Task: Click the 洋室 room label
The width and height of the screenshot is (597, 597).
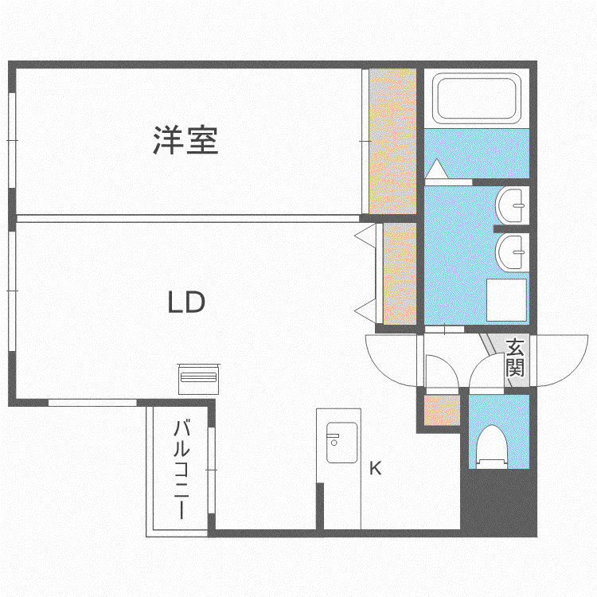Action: [185, 140]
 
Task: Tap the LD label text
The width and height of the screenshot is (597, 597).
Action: [186, 302]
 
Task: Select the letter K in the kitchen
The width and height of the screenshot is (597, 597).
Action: [376, 468]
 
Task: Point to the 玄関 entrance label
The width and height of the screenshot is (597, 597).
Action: [515, 357]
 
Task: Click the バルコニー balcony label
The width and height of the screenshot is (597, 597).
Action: [181, 470]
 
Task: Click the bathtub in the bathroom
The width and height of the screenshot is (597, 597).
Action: [477, 98]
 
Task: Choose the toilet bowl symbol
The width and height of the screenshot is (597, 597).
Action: [492, 447]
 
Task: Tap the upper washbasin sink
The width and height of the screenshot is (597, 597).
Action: [513, 205]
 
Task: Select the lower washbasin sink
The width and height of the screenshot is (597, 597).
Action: [513, 252]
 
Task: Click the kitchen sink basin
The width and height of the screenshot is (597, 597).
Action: [341, 443]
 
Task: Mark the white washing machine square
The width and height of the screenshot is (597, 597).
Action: [506, 300]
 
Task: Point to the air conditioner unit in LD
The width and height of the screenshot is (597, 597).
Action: [198, 379]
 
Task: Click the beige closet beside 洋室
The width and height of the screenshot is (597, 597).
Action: [392, 141]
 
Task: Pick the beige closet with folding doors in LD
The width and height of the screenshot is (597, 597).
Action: [400, 273]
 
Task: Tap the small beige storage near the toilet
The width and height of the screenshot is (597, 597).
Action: [442, 411]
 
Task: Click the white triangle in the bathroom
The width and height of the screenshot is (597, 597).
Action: [437, 169]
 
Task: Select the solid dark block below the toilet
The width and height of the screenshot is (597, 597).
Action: [499, 502]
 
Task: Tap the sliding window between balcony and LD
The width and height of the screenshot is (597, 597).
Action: [212, 470]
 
